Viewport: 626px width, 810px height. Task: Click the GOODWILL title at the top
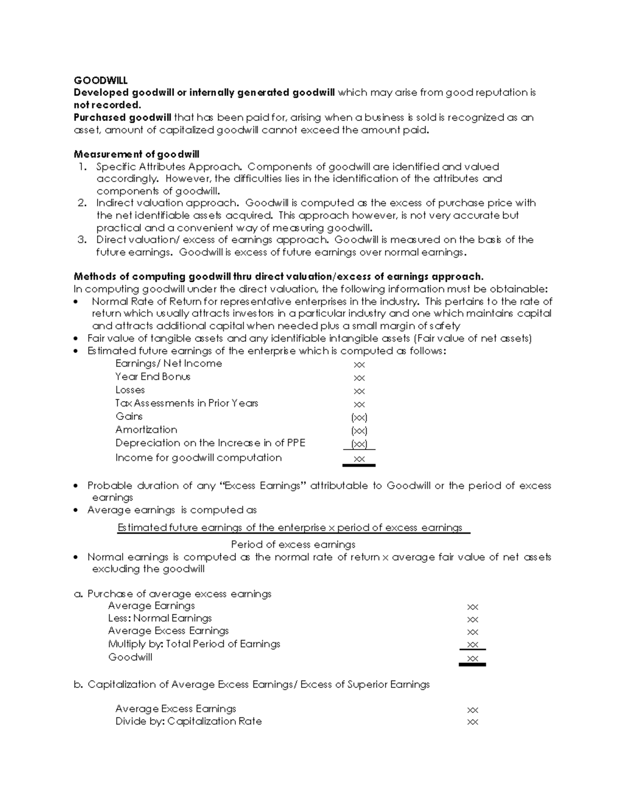pos(100,80)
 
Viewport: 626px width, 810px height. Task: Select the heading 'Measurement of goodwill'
pos(136,154)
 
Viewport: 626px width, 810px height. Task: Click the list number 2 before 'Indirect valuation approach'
pos(81,203)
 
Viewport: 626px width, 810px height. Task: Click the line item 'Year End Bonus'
pos(153,377)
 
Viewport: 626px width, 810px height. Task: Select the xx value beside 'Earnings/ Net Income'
pos(359,365)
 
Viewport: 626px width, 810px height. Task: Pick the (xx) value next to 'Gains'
pos(359,417)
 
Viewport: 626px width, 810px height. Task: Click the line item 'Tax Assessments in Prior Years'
pos(187,403)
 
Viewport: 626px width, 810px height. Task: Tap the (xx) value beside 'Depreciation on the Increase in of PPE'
pos(359,444)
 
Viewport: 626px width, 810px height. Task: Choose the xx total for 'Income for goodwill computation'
pos(359,459)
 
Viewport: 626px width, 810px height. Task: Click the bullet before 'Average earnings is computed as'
pos(77,511)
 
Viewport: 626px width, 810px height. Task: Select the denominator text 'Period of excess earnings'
pos(293,545)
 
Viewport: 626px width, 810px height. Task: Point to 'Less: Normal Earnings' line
pos(160,619)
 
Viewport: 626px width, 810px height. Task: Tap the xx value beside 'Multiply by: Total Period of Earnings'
pos(473,645)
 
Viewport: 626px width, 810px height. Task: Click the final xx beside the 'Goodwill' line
pos(473,658)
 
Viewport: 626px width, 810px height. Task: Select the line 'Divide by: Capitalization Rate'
pos(188,721)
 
